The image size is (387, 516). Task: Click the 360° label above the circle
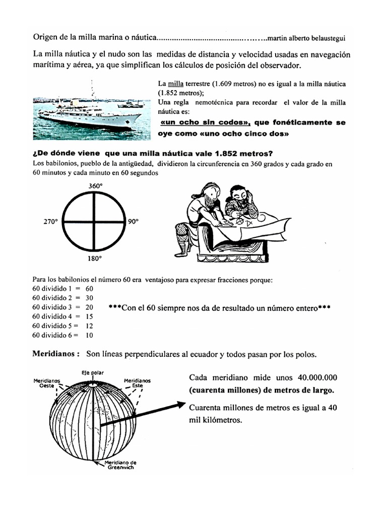click(96, 186)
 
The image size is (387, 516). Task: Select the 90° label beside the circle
click(133, 221)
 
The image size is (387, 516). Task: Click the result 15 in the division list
click(89, 316)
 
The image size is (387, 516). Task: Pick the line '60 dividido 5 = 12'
click(63, 326)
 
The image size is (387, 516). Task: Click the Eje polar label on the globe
click(92, 373)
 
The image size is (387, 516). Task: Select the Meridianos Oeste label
click(46, 383)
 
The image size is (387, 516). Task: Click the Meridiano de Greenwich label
click(119, 464)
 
